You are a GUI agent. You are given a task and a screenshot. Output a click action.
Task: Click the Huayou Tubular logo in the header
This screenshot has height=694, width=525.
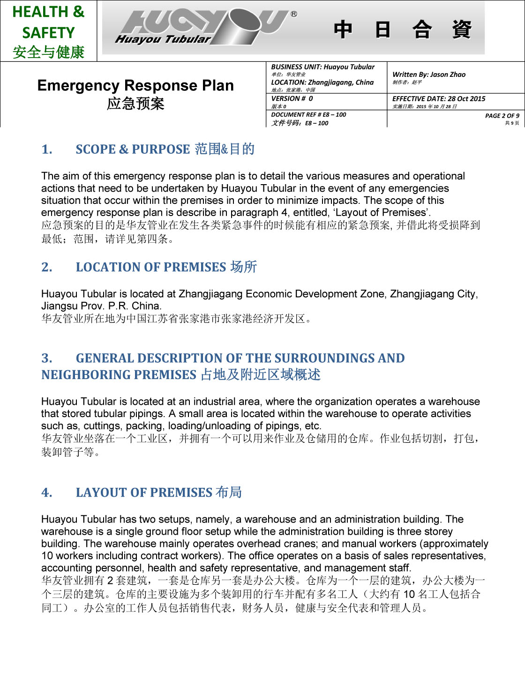click(202, 27)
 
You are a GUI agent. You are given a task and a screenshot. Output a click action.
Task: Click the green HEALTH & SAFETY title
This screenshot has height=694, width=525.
click(48, 22)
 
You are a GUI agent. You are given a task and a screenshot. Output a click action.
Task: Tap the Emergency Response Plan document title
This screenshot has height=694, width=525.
click(135, 85)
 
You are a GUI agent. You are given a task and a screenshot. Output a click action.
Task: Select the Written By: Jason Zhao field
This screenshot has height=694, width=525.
click(429, 75)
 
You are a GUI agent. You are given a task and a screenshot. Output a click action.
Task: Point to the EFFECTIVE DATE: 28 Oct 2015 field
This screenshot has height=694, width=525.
click(439, 99)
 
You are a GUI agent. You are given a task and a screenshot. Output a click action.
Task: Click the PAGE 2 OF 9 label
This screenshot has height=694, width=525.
click(502, 116)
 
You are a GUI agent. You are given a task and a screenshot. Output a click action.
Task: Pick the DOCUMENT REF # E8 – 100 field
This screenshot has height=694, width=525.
click(308, 115)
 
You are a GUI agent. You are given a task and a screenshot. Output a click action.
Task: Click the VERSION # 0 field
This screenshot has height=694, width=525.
click(292, 99)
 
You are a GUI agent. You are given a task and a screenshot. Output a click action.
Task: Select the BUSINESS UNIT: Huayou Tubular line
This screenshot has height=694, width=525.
click(323, 67)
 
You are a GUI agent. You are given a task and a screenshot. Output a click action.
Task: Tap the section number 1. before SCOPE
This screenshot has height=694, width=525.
click(47, 149)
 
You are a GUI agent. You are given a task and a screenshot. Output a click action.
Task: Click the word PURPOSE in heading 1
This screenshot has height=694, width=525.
click(161, 149)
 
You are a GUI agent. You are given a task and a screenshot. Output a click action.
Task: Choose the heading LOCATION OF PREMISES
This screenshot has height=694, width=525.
click(151, 267)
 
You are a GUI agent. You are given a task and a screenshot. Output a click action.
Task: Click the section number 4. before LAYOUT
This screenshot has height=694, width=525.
click(47, 493)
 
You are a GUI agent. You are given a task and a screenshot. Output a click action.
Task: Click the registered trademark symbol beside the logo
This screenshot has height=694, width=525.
click(294, 14)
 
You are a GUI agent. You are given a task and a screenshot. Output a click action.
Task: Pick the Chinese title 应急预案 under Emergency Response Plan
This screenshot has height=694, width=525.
click(135, 104)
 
